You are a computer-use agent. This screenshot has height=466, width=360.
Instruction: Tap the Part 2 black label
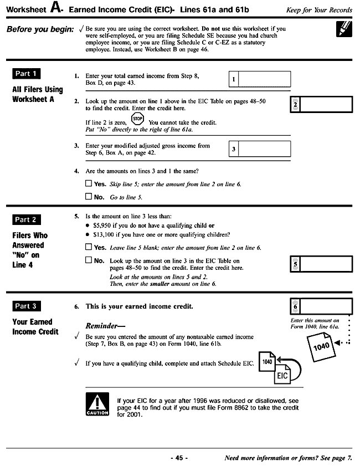[x=27, y=219]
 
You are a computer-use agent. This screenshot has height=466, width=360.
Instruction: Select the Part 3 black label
[x=27, y=306]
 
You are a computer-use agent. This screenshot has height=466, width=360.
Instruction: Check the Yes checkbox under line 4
[x=89, y=183]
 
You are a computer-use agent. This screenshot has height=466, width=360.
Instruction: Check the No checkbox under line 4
[x=89, y=196]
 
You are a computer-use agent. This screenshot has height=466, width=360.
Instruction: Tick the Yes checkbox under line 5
[x=89, y=247]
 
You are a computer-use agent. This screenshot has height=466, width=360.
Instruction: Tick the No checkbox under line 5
[x=89, y=260]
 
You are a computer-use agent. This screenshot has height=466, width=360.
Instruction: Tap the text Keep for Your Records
[x=319, y=11]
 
